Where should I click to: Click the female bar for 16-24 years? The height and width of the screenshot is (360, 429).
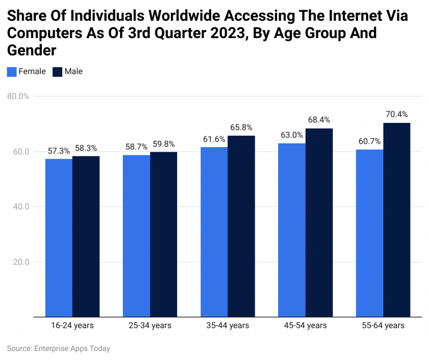59,238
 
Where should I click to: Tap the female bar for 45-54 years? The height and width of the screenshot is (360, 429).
292,230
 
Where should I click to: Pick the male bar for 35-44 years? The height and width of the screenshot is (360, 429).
241,226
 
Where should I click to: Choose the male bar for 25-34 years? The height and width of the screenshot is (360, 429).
164,234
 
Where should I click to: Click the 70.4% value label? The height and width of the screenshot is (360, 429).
397,115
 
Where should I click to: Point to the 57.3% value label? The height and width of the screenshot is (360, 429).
59,151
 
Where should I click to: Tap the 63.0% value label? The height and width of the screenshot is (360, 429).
292,135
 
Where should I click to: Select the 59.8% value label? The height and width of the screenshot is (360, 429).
164,144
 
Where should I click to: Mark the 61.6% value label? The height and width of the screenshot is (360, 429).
214,139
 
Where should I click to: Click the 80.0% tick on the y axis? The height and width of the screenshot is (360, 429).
18,96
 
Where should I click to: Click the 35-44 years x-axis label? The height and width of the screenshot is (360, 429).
227,325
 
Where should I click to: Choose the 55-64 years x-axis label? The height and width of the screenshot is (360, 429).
383,325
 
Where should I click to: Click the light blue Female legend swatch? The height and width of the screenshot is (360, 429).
12,72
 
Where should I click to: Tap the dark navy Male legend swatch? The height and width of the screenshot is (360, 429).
57,72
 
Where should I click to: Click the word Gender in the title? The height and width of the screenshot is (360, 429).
32,51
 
